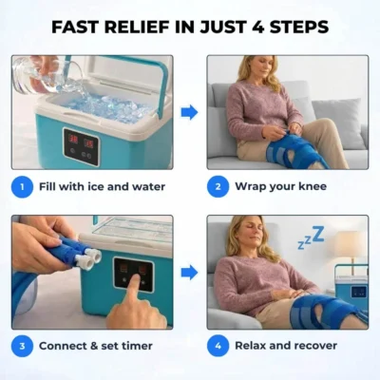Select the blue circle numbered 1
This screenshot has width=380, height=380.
[x=22, y=186]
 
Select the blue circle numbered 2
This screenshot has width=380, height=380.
[x=218, y=186]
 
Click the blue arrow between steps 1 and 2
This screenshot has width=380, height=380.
[x=189, y=112]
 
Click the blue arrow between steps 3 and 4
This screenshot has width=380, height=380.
[x=189, y=273]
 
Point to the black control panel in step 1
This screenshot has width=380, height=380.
[x=81, y=144]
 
